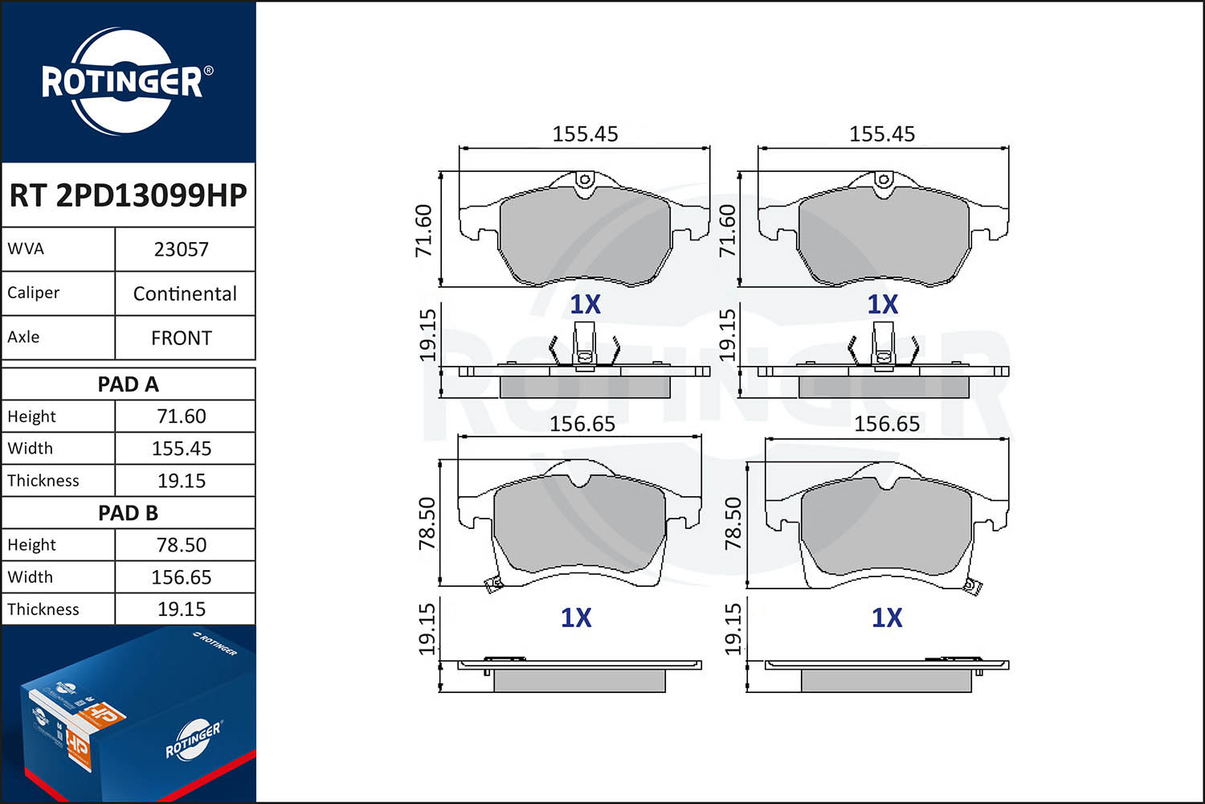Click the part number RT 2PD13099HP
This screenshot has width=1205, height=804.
(x=128, y=195)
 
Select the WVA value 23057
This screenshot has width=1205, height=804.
(x=182, y=249)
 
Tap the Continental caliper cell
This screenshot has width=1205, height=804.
(x=185, y=293)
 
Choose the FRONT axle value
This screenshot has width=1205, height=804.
(x=182, y=338)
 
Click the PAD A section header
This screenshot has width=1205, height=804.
(x=128, y=384)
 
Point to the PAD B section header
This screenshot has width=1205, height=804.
(x=128, y=513)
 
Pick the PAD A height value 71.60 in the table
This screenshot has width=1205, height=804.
(x=182, y=416)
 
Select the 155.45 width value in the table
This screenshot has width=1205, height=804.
(x=182, y=449)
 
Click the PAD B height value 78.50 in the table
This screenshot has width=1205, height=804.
(x=182, y=545)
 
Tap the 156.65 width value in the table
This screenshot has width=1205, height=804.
(x=182, y=577)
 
